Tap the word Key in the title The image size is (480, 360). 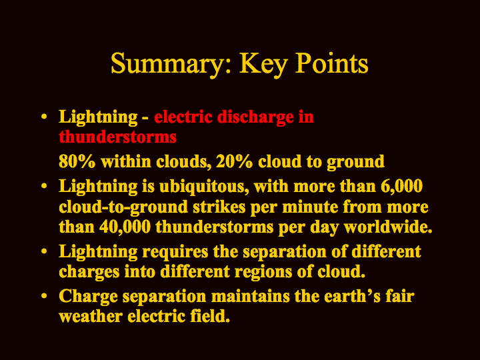coord(263,64)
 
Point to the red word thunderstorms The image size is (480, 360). coord(118,137)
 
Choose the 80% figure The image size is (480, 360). coord(77,161)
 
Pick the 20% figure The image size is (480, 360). coord(235,161)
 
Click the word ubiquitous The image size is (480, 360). coord(204,187)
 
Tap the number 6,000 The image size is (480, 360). coord(401,186)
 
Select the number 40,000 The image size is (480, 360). coord(125,227)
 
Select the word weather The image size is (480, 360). coord(91,317)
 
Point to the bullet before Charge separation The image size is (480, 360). coord(45,296)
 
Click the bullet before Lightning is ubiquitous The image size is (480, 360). coord(45,185)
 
